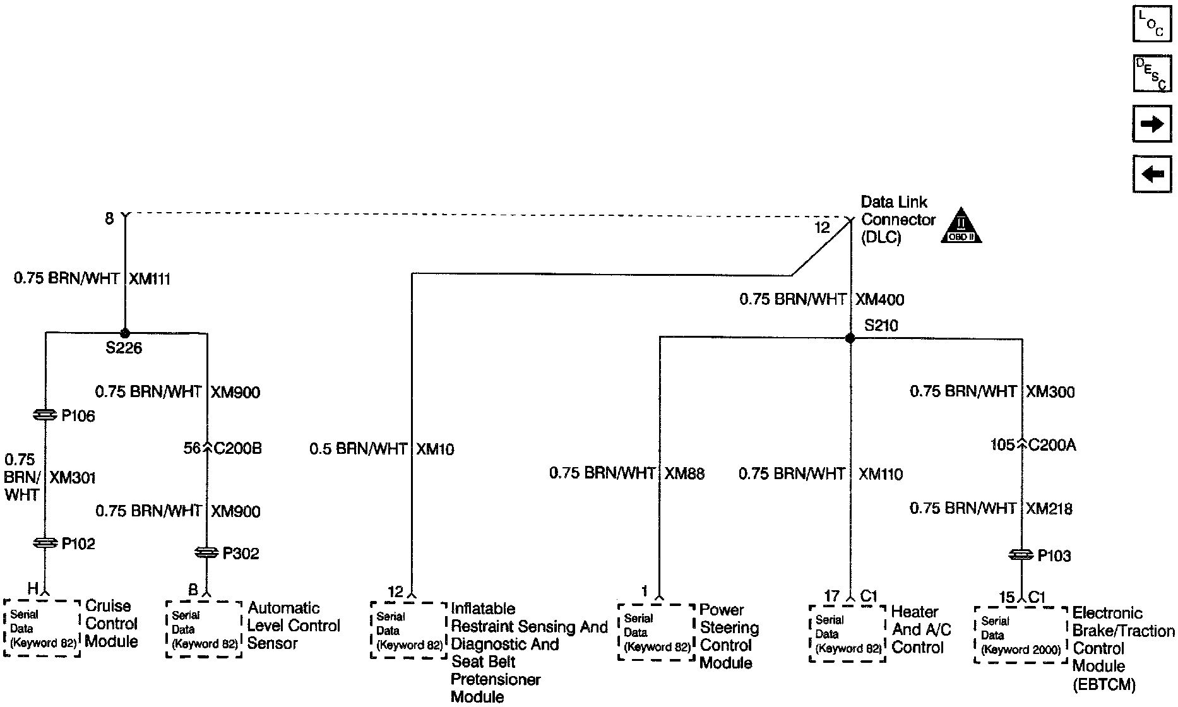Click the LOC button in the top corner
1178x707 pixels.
click(1152, 23)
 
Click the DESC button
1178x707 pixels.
click(1152, 73)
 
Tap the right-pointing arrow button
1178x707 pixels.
click(1152, 124)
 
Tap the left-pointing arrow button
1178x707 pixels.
click(1152, 173)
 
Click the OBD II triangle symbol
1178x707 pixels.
click(961, 226)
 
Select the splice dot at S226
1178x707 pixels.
click(124, 333)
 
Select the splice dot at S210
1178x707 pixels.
click(850, 338)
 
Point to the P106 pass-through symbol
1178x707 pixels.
click(45, 415)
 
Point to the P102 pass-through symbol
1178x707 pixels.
click(45, 543)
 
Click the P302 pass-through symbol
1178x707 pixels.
click(207, 553)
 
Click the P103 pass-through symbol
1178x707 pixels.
click(1021, 555)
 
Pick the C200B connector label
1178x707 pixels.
click(237, 449)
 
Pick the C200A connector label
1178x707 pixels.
click(1052, 446)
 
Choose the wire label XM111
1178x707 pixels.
click(150, 280)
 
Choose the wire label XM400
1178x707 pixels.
click(879, 300)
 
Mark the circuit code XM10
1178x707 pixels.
click(435, 449)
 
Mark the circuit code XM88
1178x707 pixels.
click(684, 473)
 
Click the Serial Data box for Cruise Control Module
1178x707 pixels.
click(42, 629)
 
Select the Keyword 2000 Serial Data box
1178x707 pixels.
click(1021, 635)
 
